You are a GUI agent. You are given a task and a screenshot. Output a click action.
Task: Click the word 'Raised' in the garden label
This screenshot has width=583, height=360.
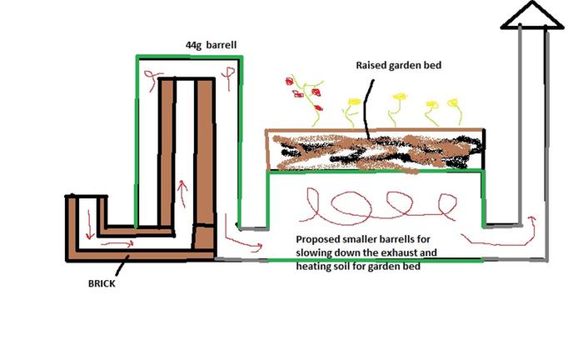(373, 64)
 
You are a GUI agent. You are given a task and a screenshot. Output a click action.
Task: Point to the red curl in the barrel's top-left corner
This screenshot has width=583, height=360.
(152, 79)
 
